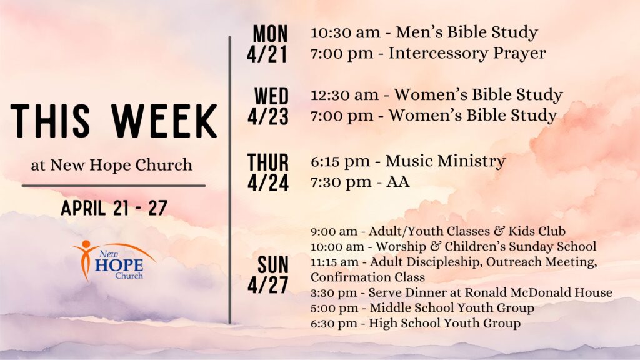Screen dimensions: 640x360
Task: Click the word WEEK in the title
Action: coord(164,121)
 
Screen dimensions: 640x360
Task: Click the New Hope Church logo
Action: coord(114,261)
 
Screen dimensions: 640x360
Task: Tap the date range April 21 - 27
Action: coord(114,207)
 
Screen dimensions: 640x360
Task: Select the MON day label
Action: coord(270,34)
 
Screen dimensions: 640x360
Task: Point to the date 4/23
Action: coord(267,116)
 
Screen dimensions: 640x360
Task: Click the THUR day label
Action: coord(267,162)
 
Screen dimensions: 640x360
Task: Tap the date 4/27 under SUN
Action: coord(267,285)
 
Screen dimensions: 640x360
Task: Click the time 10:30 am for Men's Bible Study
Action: coord(345,32)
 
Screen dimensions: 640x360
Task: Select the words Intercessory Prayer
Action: coord(467,54)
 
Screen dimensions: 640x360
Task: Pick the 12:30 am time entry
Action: coord(344,95)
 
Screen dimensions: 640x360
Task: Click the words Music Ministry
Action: coord(445,161)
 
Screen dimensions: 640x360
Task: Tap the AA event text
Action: coord(398,182)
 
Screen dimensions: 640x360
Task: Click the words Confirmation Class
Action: coord(367,277)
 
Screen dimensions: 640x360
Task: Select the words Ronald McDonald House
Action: coord(538,292)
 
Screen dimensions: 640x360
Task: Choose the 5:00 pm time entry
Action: coord(334,308)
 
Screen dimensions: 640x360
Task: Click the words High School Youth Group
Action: coord(444,323)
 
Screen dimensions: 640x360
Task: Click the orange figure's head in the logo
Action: coord(86,244)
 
